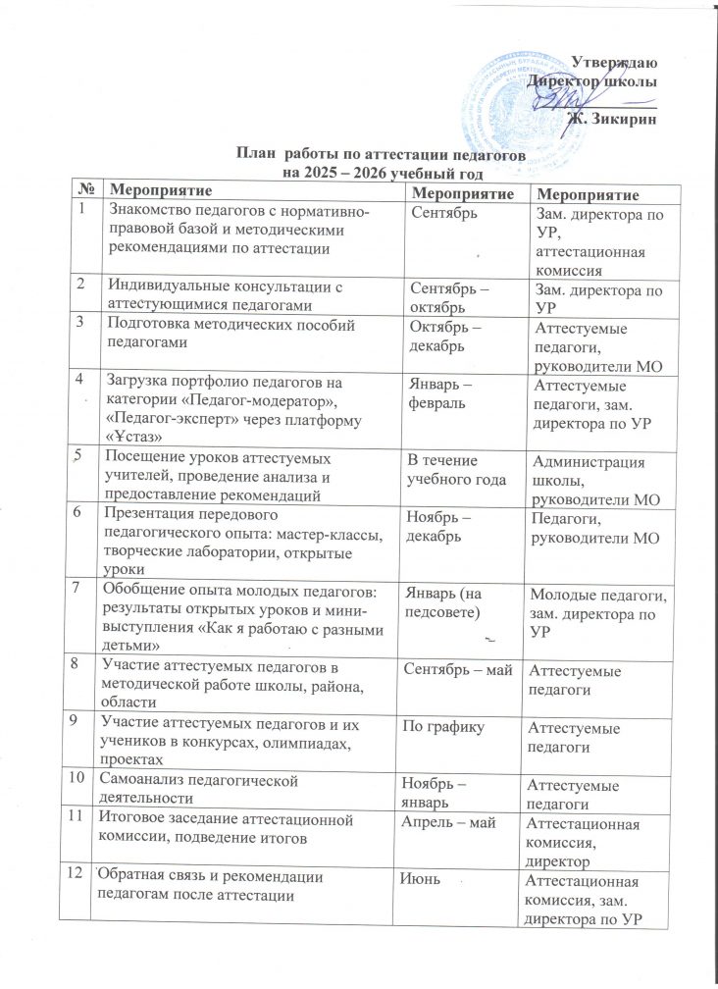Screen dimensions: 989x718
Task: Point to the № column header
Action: (x=88, y=187)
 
